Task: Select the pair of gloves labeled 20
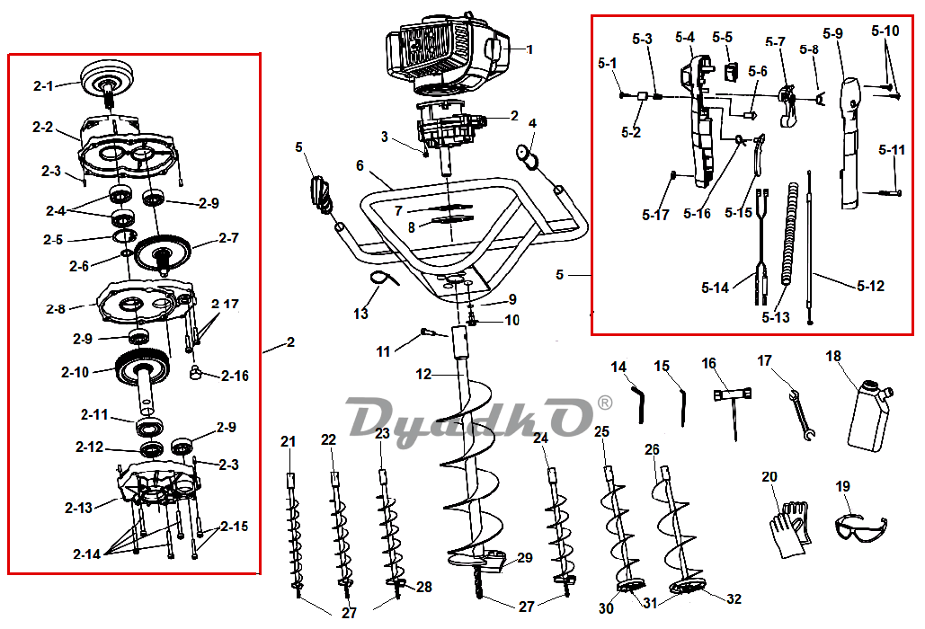pos(790,527)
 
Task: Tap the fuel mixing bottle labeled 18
pos(869,416)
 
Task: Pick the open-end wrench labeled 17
pos(802,416)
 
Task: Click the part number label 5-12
pos(871,286)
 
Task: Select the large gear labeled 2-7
pos(163,253)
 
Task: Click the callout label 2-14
pos(86,554)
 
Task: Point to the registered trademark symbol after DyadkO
pos(605,403)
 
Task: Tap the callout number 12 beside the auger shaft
pos(423,375)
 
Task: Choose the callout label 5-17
pos(655,215)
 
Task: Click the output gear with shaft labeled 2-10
pos(144,377)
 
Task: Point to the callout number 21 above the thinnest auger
pos(288,441)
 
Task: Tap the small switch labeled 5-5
pos(732,71)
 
